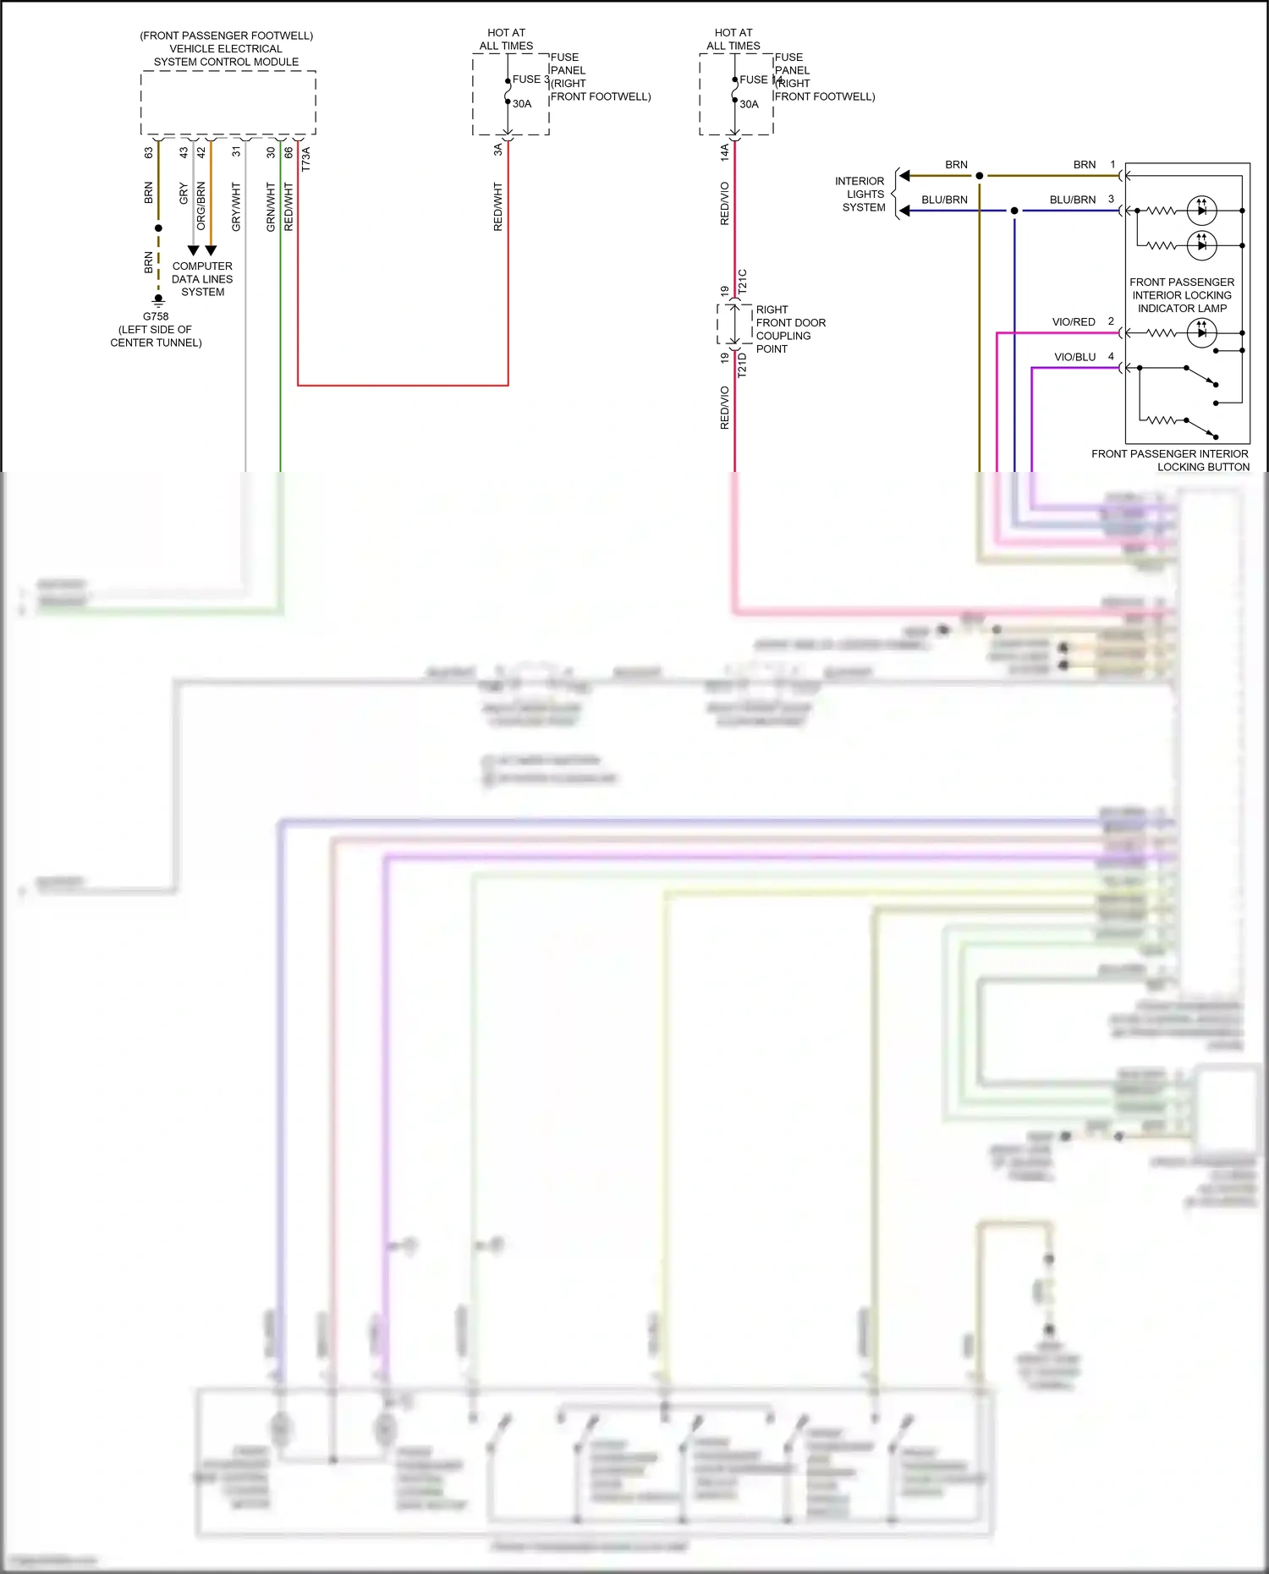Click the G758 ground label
coord(156,316)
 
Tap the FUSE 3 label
coord(530,80)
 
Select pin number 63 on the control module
coord(149,153)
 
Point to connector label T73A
coord(306,159)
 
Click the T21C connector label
coord(743,281)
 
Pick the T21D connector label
coord(743,365)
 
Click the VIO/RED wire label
coord(1074,322)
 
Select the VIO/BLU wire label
coord(1074,357)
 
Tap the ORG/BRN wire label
coord(201,206)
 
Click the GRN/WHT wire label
coord(271,206)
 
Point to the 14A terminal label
coord(725,152)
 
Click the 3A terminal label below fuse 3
coord(498,150)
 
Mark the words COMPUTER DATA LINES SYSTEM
coord(202,279)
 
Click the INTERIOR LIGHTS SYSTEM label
coord(860,195)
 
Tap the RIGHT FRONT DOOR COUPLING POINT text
coord(790,329)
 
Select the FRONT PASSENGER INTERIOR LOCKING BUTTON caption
coord(1170,460)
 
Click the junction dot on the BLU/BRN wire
coord(1014,211)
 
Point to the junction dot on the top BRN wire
coord(980,176)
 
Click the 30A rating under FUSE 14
coord(749,105)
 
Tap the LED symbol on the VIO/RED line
coord(1201,333)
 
